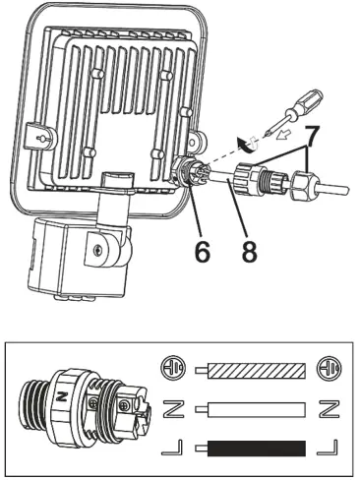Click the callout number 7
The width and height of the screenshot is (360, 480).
click(313, 134)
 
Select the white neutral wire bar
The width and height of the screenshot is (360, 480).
click(258, 407)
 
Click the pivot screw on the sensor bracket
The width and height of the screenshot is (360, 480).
click(99, 251)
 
